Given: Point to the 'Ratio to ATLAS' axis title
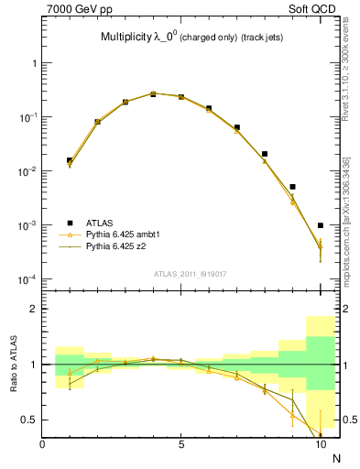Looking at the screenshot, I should [x=11, y=364].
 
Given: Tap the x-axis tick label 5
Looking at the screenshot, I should [x=181, y=445].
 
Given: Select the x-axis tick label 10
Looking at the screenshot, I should [x=321, y=445].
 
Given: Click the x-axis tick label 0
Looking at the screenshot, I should [x=42, y=445].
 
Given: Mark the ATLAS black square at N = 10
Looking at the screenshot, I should [x=321, y=225].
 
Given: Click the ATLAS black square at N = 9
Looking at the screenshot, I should [x=292, y=187].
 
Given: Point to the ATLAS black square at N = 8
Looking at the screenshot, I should [x=265, y=154].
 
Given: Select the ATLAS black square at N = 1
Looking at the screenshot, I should [x=70, y=160].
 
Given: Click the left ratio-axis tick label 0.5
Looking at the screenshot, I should [x=27, y=420].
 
